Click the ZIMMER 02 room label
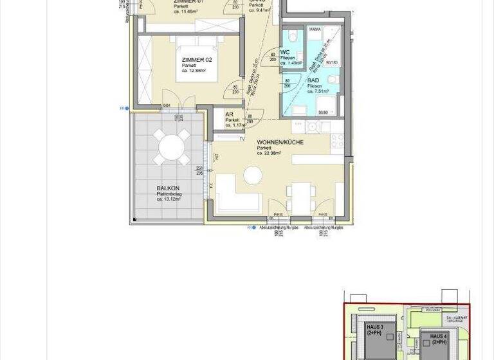194,59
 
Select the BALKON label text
167,188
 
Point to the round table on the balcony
171,147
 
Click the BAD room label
313,80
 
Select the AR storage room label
228,114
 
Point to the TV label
242,139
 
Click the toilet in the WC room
292,36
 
